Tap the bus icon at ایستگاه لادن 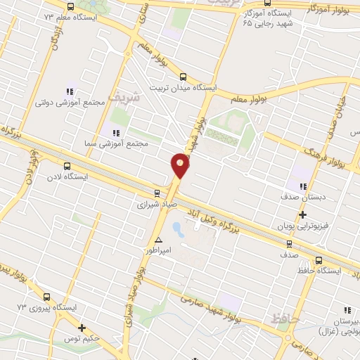pos(67,166)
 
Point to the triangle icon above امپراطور pos(158,240)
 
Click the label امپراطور pos(158,250)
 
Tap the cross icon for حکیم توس pos(82,328)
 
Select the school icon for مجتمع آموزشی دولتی pos(70,91)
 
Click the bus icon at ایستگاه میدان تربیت pos(184,77)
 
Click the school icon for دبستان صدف pos(303,186)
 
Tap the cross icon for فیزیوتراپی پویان pos(302,215)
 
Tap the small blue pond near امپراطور pos(176,229)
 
